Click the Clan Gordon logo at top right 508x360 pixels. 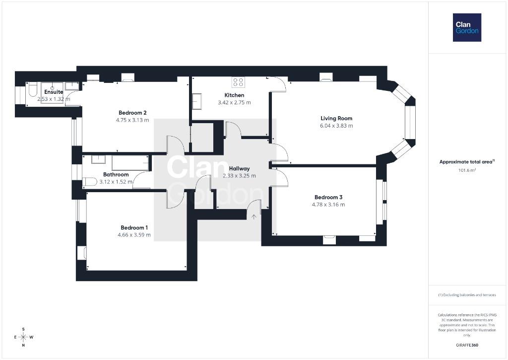(x=467, y=28)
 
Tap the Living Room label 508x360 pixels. (x=336, y=118)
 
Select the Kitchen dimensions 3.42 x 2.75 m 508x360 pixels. (x=234, y=102)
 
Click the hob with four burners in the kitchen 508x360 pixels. (x=239, y=82)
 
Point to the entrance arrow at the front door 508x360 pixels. (x=254, y=216)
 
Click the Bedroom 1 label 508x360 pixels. (x=134, y=228)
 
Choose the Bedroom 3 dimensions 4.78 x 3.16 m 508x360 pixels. (x=328, y=205)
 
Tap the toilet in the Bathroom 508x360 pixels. (x=89, y=182)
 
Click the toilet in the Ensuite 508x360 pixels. (x=33, y=89)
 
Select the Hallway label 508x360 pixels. (x=240, y=169)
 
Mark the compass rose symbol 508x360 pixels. (x=23, y=337)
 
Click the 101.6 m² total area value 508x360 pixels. (x=467, y=170)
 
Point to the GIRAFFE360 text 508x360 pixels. (x=467, y=345)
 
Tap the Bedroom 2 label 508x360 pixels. (x=132, y=113)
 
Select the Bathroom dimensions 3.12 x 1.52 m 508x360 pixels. (x=116, y=182)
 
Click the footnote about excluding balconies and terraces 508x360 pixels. (x=467, y=295)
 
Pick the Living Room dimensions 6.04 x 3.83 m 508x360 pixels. (x=336, y=126)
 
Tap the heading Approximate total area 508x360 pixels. (x=466, y=162)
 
